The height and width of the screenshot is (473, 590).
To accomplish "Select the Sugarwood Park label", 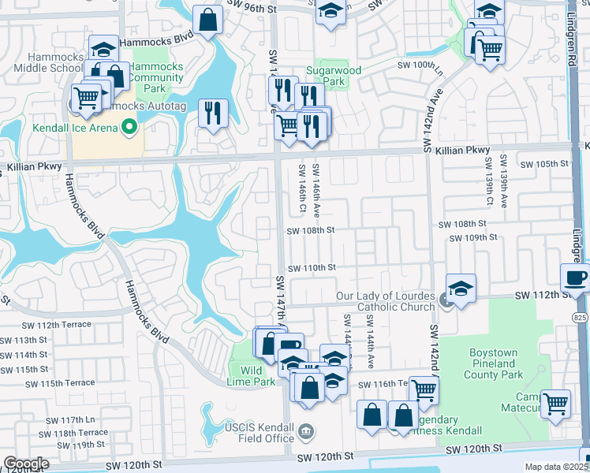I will click(x=338, y=76).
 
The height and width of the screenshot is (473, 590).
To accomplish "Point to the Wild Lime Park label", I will click(x=257, y=376).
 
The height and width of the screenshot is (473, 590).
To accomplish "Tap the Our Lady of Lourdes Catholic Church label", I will click(x=384, y=301).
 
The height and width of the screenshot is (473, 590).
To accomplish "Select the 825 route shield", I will click(x=581, y=318).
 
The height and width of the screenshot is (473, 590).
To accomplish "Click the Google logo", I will click(x=25, y=463).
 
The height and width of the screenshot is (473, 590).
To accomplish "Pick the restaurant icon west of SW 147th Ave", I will click(x=211, y=113).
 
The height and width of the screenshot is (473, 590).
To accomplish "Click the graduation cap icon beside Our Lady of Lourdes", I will click(x=461, y=288).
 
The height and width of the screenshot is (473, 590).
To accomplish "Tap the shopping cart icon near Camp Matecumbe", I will click(x=557, y=403).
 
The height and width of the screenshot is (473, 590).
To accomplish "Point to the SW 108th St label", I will click(x=312, y=231).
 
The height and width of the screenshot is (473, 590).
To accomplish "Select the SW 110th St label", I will click(x=312, y=268).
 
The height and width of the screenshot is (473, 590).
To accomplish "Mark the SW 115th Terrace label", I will click(x=60, y=384).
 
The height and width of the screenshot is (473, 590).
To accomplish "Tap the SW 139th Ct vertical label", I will click(x=489, y=182).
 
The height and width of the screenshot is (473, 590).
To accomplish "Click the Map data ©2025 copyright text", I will click(x=556, y=467).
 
